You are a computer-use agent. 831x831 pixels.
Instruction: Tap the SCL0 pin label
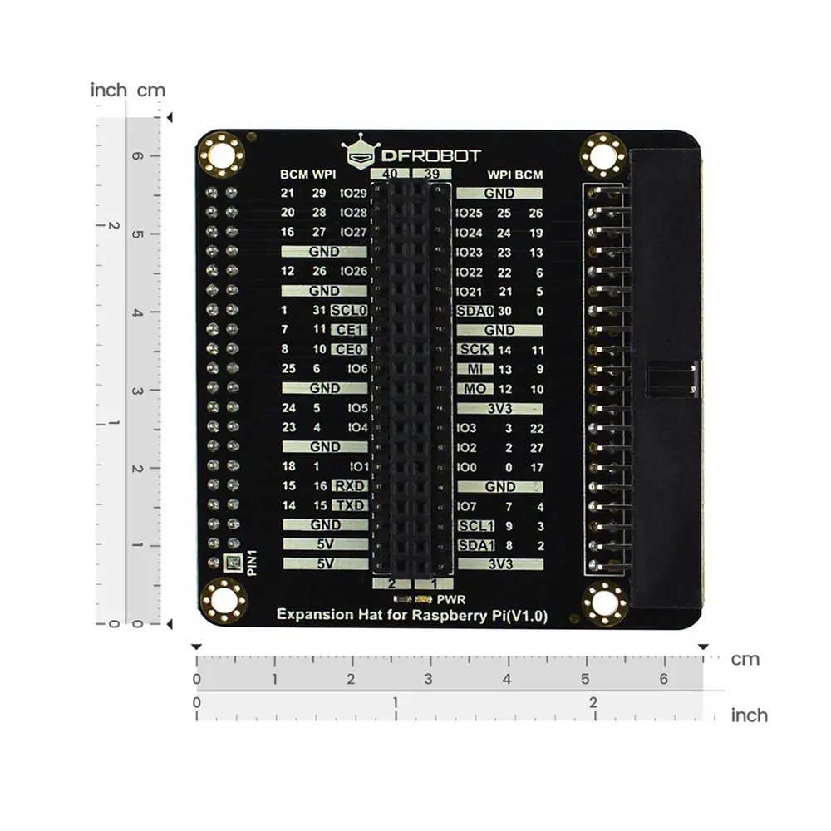click(348, 311)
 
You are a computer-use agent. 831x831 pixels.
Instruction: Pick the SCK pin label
click(475, 350)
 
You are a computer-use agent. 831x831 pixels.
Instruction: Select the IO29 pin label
click(353, 194)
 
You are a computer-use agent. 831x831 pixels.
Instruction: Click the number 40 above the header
click(389, 174)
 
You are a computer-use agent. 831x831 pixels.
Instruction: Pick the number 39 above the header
click(433, 174)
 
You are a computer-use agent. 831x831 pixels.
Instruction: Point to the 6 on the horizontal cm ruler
click(663, 679)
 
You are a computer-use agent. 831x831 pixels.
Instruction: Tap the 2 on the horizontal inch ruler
click(593, 702)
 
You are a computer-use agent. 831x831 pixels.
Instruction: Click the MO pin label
click(475, 389)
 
